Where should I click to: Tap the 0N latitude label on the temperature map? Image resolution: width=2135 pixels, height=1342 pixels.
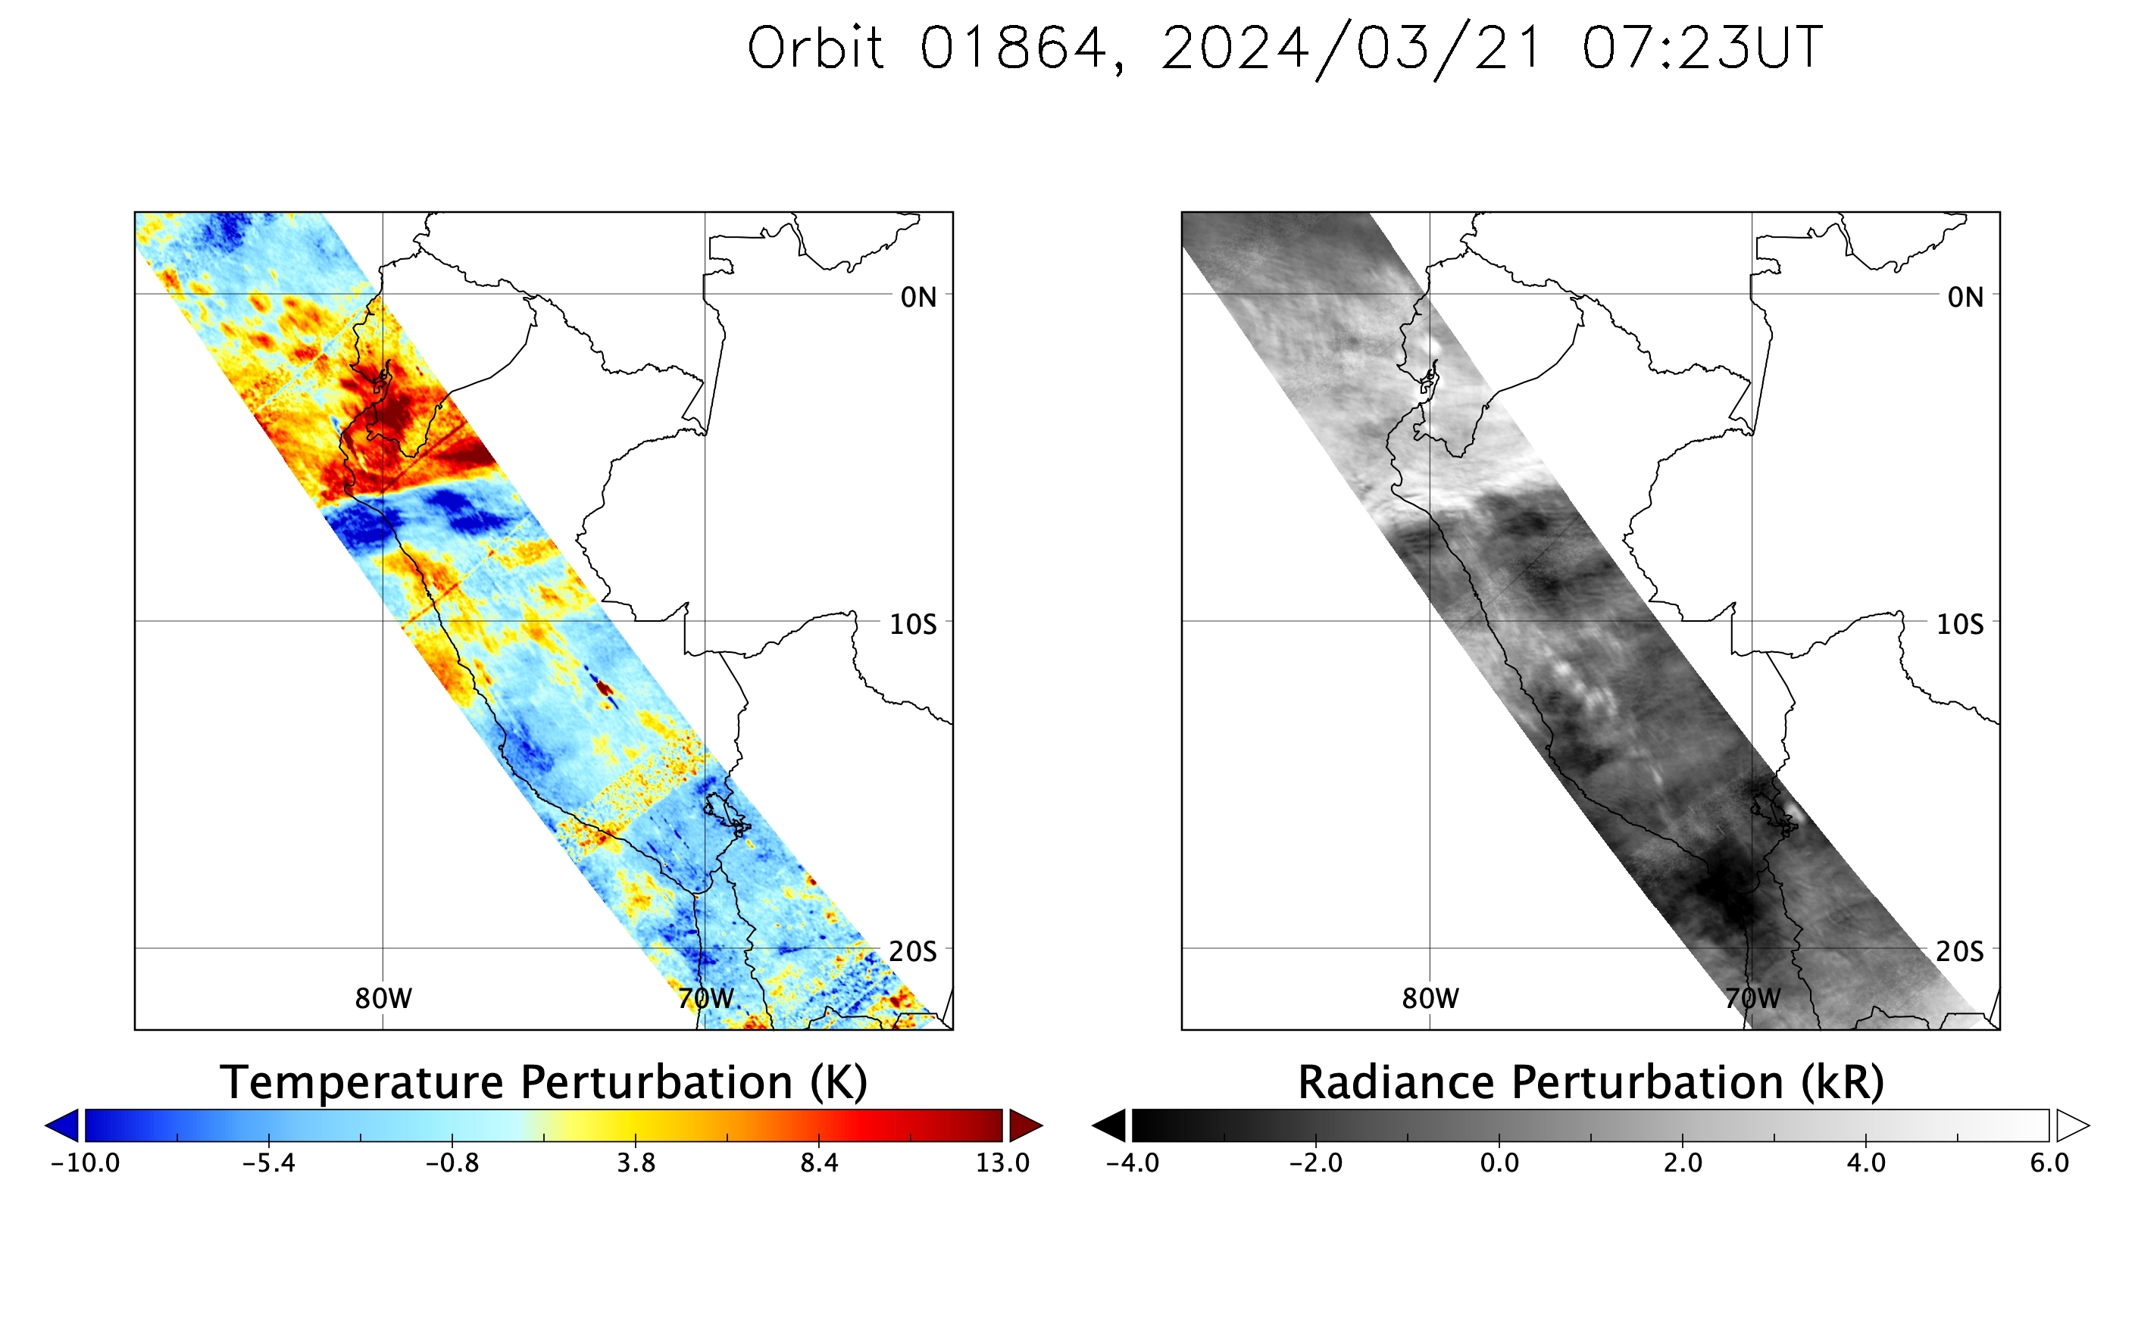click(x=918, y=298)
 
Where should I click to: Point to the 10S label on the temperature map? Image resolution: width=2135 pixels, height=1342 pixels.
click(x=912, y=625)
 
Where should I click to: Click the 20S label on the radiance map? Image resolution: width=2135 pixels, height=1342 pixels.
click(x=1959, y=952)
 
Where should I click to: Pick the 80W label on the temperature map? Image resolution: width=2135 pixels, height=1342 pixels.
click(x=383, y=999)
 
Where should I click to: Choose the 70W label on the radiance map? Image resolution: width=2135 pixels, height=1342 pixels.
click(x=1753, y=999)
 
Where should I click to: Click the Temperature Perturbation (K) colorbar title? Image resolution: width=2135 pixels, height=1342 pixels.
click(x=543, y=1083)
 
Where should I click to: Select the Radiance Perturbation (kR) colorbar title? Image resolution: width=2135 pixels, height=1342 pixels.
click(x=1590, y=1083)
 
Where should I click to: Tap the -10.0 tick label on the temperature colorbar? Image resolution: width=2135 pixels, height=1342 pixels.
click(x=85, y=1163)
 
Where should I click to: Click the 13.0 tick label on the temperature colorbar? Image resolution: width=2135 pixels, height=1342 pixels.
click(x=1003, y=1163)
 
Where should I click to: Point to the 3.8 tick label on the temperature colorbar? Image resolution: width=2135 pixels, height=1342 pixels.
click(x=636, y=1163)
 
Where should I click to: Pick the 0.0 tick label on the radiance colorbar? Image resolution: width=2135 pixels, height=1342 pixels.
click(x=1499, y=1163)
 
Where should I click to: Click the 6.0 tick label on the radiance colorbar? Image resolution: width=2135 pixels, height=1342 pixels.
click(x=2049, y=1163)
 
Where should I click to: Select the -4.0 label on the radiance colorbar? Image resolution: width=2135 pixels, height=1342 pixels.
click(x=1132, y=1163)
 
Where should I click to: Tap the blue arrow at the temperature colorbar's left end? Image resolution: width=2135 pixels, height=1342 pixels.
click(x=63, y=1125)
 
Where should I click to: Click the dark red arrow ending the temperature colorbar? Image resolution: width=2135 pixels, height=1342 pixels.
click(x=1026, y=1125)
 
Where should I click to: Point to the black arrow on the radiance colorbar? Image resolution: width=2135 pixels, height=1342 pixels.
click(x=1109, y=1125)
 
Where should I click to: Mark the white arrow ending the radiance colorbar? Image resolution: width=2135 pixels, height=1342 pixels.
click(x=2072, y=1125)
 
